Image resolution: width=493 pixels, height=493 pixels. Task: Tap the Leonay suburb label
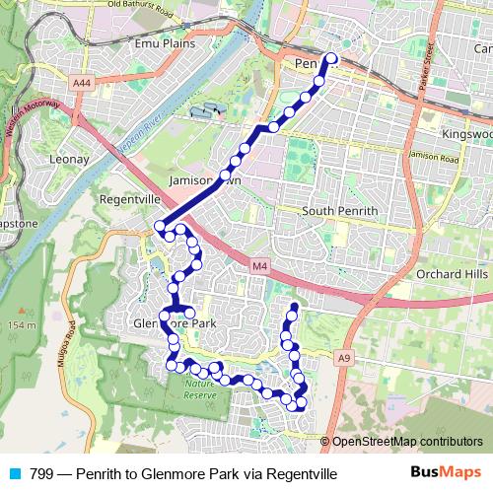[x=68, y=159]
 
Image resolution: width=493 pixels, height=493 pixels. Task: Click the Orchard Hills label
[x=453, y=273]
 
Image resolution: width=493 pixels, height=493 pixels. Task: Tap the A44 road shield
[x=82, y=84]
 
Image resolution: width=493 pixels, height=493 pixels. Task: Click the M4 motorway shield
[x=258, y=265]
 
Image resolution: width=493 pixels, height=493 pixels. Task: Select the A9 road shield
[x=343, y=357]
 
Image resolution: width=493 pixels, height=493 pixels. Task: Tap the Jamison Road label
[x=437, y=158]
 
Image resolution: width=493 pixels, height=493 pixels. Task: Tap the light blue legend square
[x=15, y=474]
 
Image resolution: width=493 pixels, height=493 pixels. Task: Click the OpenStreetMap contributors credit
[x=407, y=442]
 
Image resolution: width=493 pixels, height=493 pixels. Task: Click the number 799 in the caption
[x=41, y=474]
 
